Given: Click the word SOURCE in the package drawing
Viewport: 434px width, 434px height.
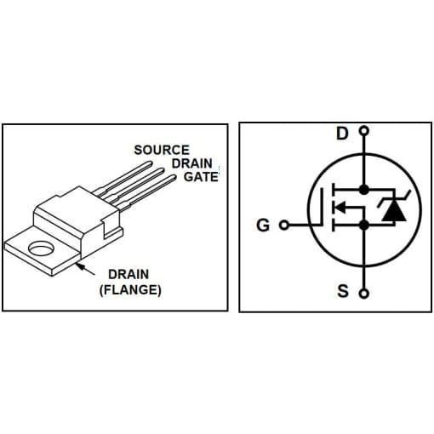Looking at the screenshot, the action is click(x=162, y=150).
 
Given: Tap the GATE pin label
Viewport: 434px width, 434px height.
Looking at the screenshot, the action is click(x=201, y=177).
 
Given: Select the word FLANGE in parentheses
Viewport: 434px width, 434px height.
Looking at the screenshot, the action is click(x=130, y=290).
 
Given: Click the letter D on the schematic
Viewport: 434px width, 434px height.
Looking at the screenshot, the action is click(x=342, y=134).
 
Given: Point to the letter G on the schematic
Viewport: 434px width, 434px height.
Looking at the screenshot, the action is click(x=263, y=226).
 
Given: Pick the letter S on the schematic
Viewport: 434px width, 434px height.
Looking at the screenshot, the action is click(x=343, y=291).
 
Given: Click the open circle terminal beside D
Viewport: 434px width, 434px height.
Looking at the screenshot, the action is click(x=364, y=131).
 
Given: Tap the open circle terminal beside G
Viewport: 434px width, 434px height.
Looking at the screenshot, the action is click(x=284, y=226).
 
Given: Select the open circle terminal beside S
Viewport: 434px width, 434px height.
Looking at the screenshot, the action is click(x=364, y=294).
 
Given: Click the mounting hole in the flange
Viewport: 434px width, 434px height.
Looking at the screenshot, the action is click(x=42, y=248).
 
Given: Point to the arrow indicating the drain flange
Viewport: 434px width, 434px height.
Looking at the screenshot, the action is click(x=86, y=269).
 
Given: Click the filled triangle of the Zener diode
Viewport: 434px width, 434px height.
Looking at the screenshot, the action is click(x=394, y=212).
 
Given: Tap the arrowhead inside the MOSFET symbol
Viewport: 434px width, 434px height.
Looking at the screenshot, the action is click(x=340, y=207).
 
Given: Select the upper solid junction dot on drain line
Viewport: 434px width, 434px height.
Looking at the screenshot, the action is click(x=364, y=190).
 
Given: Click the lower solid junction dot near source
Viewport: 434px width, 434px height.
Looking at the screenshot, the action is click(x=364, y=226).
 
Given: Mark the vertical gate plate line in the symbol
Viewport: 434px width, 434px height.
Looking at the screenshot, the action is click(x=323, y=207).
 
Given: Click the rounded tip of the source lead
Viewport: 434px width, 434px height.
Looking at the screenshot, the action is click(x=148, y=163).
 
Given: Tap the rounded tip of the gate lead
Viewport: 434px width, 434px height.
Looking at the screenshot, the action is click(x=173, y=178).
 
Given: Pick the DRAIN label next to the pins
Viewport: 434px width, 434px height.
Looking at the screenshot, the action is click(x=192, y=163).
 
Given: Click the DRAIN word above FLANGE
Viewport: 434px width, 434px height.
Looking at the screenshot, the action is click(x=128, y=275).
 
